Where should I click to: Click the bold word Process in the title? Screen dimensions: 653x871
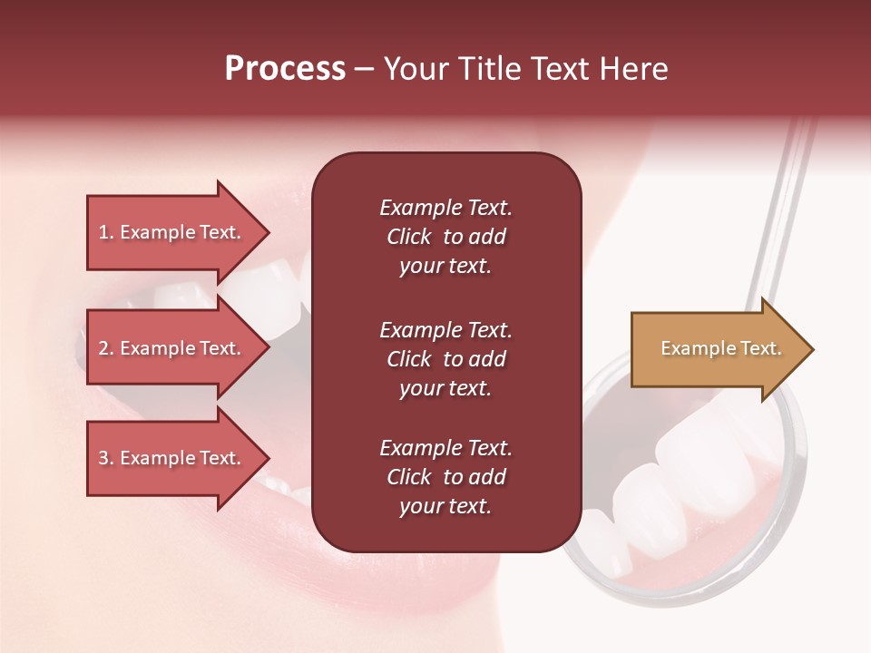click(x=285, y=69)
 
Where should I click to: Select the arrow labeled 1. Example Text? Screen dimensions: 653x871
click(x=172, y=232)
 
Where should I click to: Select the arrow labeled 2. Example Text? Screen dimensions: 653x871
click(x=172, y=348)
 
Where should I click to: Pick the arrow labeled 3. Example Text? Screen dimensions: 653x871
click(x=172, y=458)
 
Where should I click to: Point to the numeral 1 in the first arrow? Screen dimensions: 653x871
click(x=103, y=232)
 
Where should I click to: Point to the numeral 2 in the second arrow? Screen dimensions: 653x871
click(x=103, y=348)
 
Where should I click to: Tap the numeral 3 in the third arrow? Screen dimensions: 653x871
click(x=103, y=458)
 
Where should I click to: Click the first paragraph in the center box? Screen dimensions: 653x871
click(x=445, y=237)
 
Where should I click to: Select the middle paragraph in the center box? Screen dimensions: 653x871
click(x=445, y=359)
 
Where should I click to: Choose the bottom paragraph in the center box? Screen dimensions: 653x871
click(x=445, y=477)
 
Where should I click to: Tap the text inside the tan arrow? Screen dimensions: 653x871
click(x=720, y=348)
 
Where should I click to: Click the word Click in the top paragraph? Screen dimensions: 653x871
click(x=409, y=237)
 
